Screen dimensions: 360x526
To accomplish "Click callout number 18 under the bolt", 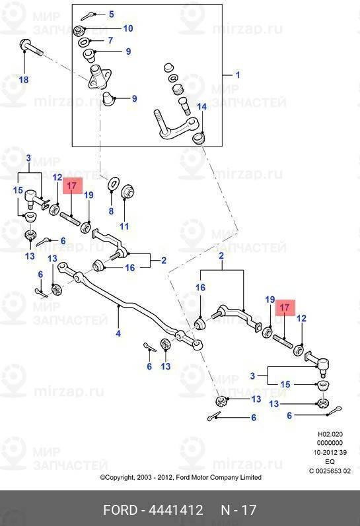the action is [x=24, y=80].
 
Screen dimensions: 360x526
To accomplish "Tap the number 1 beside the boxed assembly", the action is [x=238, y=75].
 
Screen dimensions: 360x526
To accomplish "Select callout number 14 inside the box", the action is [x=202, y=107].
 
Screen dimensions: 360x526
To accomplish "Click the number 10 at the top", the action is [x=128, y=28].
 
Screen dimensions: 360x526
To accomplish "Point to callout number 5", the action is [x=111, y=14].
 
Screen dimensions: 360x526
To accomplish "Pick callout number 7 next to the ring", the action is [x=110, y=40].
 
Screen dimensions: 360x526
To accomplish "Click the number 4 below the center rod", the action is [x=118, y=333].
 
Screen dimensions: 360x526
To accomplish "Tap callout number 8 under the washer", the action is [x=111, y=211].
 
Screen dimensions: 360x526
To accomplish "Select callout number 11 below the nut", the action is [x=124, y=226].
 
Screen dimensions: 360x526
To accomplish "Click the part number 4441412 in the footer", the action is [x=176, y=510].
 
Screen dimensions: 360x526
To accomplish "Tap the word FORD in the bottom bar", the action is [x=120, y=510].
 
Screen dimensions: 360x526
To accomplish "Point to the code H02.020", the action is [x=330, y=434].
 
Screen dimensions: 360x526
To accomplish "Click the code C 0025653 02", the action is [x=330, y=471].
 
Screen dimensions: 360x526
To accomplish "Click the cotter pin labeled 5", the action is [x=89, y=15].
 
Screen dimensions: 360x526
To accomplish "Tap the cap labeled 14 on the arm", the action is [x=199, y=137].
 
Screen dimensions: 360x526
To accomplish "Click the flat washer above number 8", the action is [x=114, y=183].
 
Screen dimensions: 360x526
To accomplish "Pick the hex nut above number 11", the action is [x=127, y=191].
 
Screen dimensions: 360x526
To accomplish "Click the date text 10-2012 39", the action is [x=330, y=452].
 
